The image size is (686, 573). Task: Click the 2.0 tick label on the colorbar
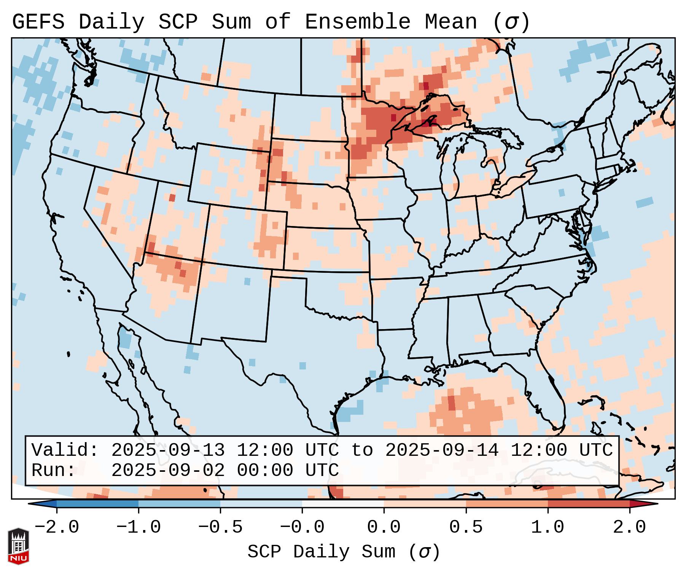coord(629,527)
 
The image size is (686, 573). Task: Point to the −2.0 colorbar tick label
coord(57,527)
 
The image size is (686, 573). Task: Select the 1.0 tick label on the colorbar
coord(548,527)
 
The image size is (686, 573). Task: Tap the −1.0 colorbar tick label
coord(138,527)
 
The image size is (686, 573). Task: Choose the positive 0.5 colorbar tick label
coord(466,527)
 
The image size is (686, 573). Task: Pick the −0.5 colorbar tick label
coord(220,527)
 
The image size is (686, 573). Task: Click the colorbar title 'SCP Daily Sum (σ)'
coord(344,552)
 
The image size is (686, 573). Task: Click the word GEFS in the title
coord(38,22)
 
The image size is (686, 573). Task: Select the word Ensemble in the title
coord(357,22)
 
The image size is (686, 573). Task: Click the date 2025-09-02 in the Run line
coord(168,471)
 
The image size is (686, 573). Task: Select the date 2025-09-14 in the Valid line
coord(442,450)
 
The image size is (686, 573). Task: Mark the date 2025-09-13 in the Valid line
coord(168,450)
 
